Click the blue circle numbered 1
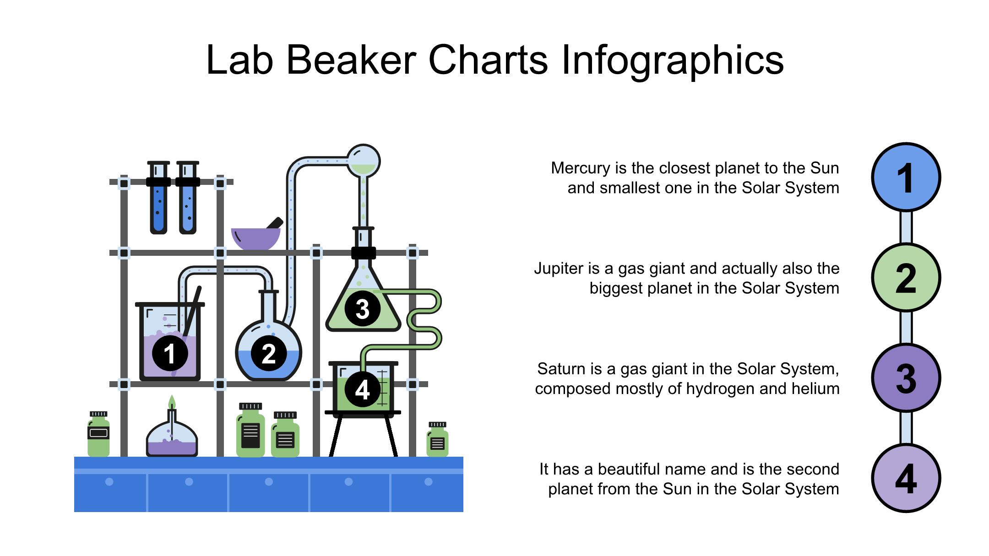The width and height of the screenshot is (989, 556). click(906, 177)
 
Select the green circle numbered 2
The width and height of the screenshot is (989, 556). click(906, 277)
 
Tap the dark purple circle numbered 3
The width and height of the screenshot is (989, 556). click(906, 378)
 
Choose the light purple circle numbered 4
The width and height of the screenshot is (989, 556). click(906, 478)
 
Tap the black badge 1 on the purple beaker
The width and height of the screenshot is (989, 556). click(170, 353)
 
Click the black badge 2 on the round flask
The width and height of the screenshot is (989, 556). click(269, 353)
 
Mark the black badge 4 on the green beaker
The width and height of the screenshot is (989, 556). click(363, 389)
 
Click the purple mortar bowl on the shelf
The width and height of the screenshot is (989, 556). click(256, 238)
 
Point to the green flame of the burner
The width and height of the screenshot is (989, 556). click(172, 402)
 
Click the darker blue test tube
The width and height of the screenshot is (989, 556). click(158, 197)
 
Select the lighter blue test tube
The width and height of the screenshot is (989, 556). click(188, 197)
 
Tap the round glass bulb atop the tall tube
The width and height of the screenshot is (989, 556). click(364, 161)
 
